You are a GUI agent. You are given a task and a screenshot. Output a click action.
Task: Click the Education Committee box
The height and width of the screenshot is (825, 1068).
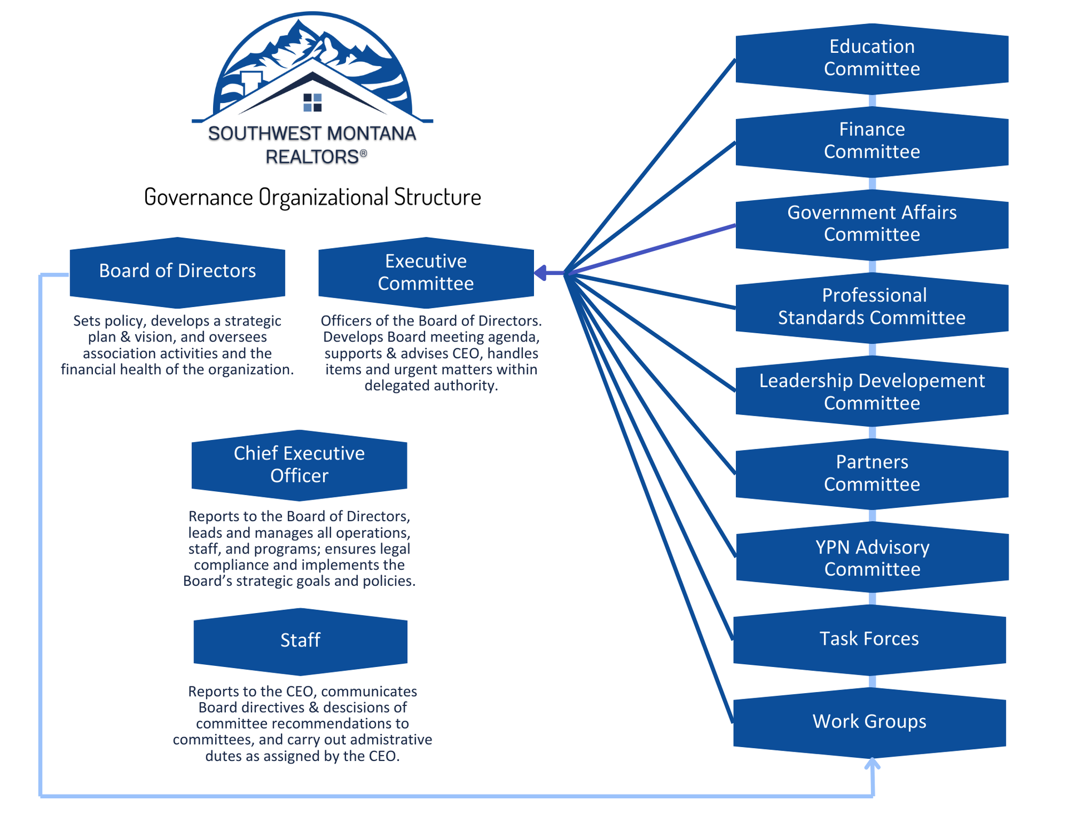pyautogui.click(x=872, y=58)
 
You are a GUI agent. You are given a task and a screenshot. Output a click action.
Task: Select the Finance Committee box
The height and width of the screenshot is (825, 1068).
pyautogui.click(x=872, y=141)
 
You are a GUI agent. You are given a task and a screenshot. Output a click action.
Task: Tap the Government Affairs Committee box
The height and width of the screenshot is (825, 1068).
pyautogui.click(x=872, y=224)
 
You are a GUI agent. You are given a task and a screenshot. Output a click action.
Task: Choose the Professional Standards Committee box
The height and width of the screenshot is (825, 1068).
pyautogui.click(x=872, y=307)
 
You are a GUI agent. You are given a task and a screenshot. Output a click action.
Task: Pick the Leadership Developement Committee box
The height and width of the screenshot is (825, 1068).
pyautogui.click(x=872, y=392)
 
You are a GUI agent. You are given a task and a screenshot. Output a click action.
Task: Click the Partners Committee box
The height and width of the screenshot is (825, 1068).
pyautogui.click(x=872, y=473)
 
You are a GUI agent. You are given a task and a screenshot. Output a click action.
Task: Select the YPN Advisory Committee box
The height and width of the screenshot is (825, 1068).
pyautogui.click(x=872, y=558)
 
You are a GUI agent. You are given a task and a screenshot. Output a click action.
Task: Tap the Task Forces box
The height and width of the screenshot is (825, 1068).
pyautogui.click(x=869, y=639)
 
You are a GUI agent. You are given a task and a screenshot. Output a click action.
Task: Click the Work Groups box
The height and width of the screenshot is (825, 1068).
pyautogui.click(x=869, y=722)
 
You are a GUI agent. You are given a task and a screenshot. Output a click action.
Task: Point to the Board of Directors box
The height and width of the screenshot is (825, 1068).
pyautogui.click(x=177, y=271)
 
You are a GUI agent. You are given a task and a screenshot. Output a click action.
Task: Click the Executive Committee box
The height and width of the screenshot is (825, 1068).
pyautogui.click(x=426, y=273)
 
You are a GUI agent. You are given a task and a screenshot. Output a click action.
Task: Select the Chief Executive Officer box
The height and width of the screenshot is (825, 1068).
pyautogui.click(x=299, y=465)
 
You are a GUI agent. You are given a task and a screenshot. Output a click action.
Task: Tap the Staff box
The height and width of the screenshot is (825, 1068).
pyautogui.click(x=300, y=641)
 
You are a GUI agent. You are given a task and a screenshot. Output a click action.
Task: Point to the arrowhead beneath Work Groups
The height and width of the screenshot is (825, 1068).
pyautogui.click(x=872, y=764)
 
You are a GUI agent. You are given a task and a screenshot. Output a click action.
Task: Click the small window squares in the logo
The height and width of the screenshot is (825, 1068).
pyautogui.click(x=312, y=102)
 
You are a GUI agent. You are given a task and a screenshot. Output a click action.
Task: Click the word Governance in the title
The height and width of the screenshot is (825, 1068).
pyautogui.click(x=198, y=197)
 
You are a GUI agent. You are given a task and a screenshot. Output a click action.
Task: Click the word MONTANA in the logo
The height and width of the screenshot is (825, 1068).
pyautogui.click(x=371, y=134)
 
